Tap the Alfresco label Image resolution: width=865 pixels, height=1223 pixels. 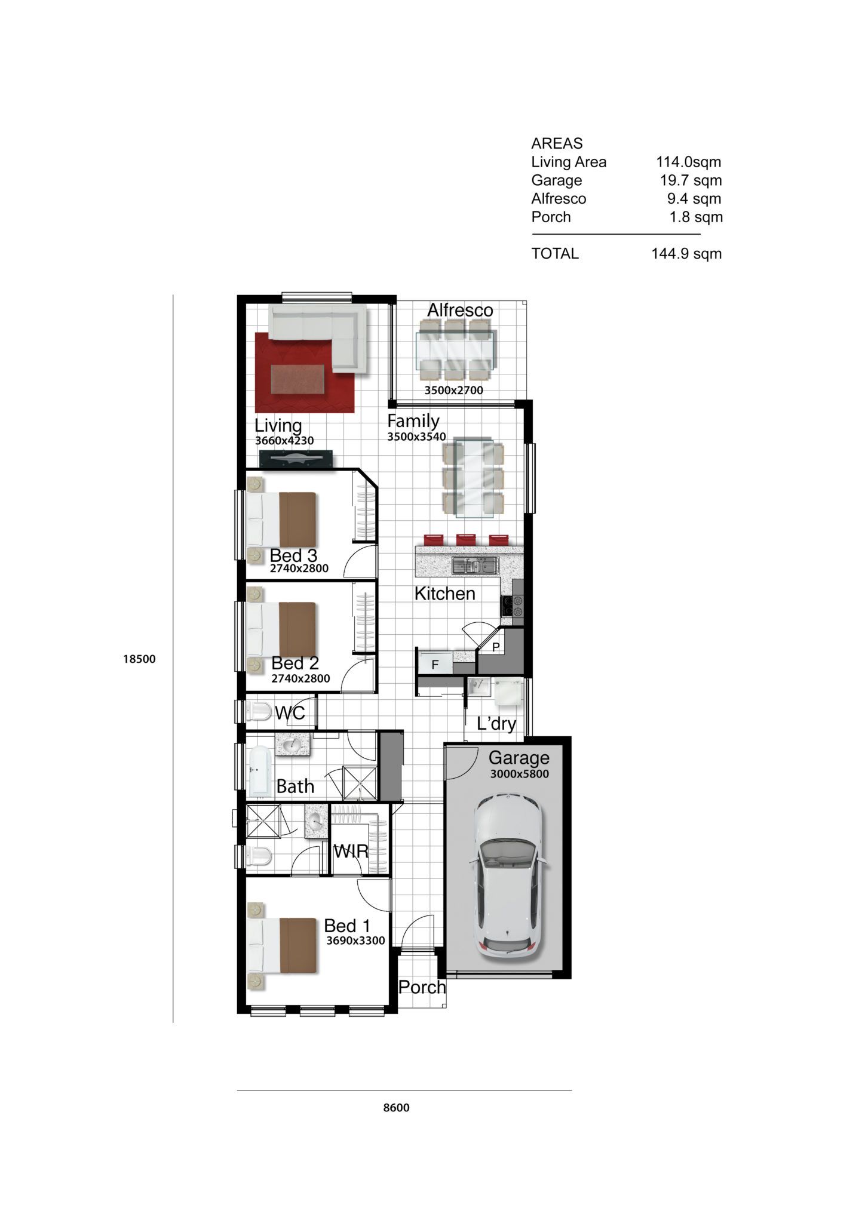(460, 310)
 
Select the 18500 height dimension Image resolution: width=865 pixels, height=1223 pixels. (139, 659)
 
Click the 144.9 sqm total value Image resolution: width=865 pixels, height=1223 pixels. (686, 254)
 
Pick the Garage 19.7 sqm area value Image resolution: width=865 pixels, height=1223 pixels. (691, 180)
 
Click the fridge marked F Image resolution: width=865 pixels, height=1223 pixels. (435, 664)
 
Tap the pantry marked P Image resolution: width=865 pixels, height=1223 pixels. (496, 647)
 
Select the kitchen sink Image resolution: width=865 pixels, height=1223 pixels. (476, 564)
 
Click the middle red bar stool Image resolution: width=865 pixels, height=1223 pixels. (466, 539)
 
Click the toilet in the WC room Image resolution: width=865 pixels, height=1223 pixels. (259, 711)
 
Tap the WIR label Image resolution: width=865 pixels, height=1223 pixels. (351, 852)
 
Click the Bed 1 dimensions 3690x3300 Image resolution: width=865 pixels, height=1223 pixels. (355, 941)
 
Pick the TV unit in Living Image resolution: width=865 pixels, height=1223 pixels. (296, 459)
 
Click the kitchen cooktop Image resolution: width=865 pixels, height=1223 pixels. (513, 606)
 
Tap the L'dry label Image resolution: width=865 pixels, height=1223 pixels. (496, 724)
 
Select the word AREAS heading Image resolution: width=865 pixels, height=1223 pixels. (557, 143)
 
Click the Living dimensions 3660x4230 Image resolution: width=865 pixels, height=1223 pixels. (284, 441)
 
